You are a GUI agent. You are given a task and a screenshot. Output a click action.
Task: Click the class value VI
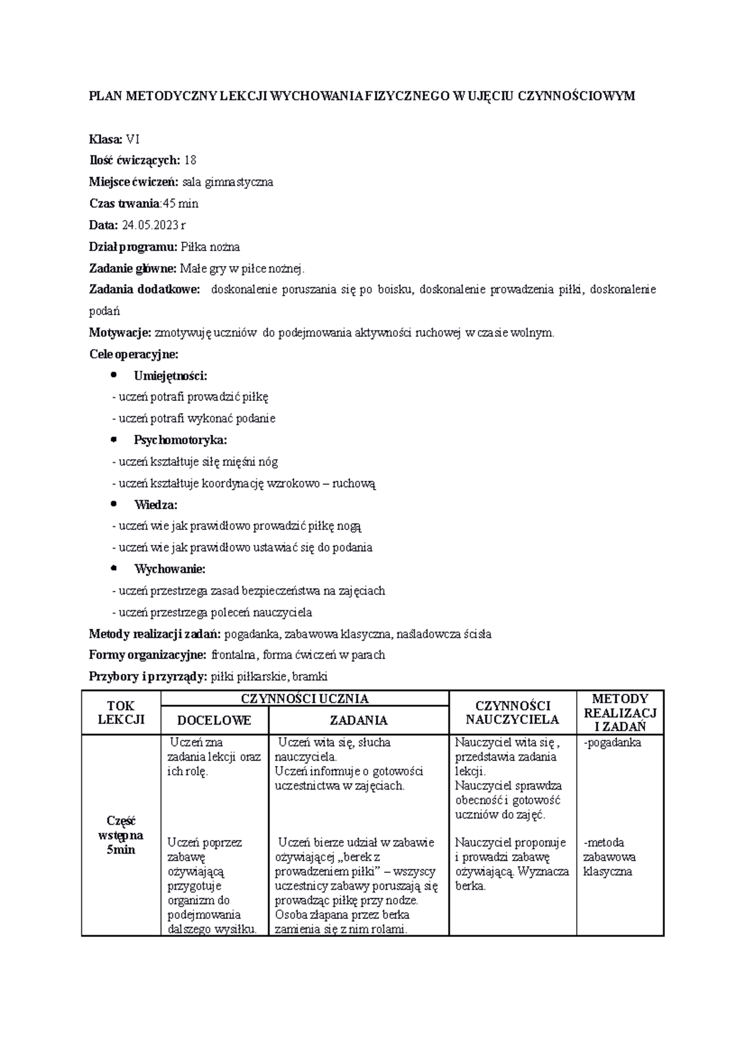coord(133,139)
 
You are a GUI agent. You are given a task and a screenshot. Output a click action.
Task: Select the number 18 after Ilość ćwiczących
coord(190,160)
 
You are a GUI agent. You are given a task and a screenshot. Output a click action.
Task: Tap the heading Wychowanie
coord(169,569)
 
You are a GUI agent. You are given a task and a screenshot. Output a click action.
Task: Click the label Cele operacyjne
coord(133,354)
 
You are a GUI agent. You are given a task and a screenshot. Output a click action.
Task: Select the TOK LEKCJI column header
coord(121,712)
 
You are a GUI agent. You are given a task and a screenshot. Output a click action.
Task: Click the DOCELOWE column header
coord(214,720)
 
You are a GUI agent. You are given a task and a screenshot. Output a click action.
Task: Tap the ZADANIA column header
coord(358,720)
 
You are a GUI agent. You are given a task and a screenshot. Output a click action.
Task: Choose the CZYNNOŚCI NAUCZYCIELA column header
coord(512,713)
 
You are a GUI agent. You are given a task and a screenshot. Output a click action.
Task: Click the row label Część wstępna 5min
coord(121,835)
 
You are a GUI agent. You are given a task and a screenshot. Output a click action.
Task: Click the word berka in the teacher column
coord(470,886)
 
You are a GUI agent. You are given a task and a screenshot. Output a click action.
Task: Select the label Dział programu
coord(133,247)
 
